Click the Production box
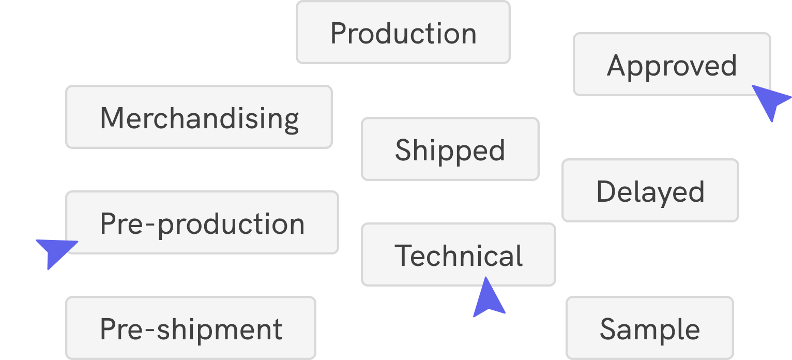(x=403, y=33)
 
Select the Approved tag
(x=672, y=65)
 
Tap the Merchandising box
(x=199, y=117)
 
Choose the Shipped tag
(x=450, y=149)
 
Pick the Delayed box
(x=650, y=191)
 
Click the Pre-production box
(x=202, y=223)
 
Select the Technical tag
(x=458, y=255)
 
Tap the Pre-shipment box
(x=190, y=328)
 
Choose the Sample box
(x=649, y=328)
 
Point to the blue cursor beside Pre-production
(x=55, y=250)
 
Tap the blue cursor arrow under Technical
(x=488, y=299)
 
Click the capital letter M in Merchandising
(x=112, y=118)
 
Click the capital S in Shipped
(x=404, y=150)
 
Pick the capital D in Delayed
(x=606, y=191)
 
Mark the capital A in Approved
(x=617, y=66)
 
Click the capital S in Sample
(x=608, y=329)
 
